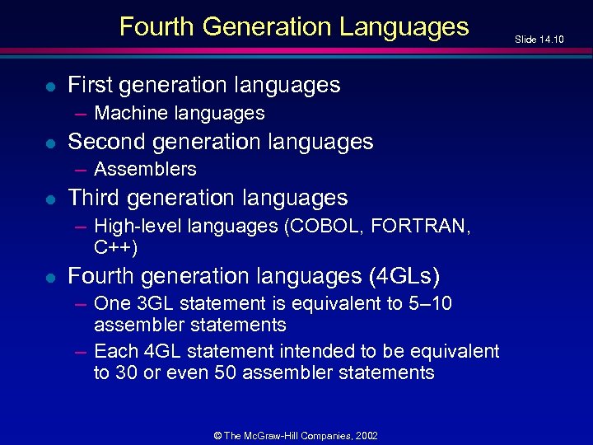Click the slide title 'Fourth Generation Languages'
[294, 27]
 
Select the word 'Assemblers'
[145, 169]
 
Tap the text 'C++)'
[116, 246]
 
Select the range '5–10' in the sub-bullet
[431, 303]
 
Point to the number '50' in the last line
[225, 372]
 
